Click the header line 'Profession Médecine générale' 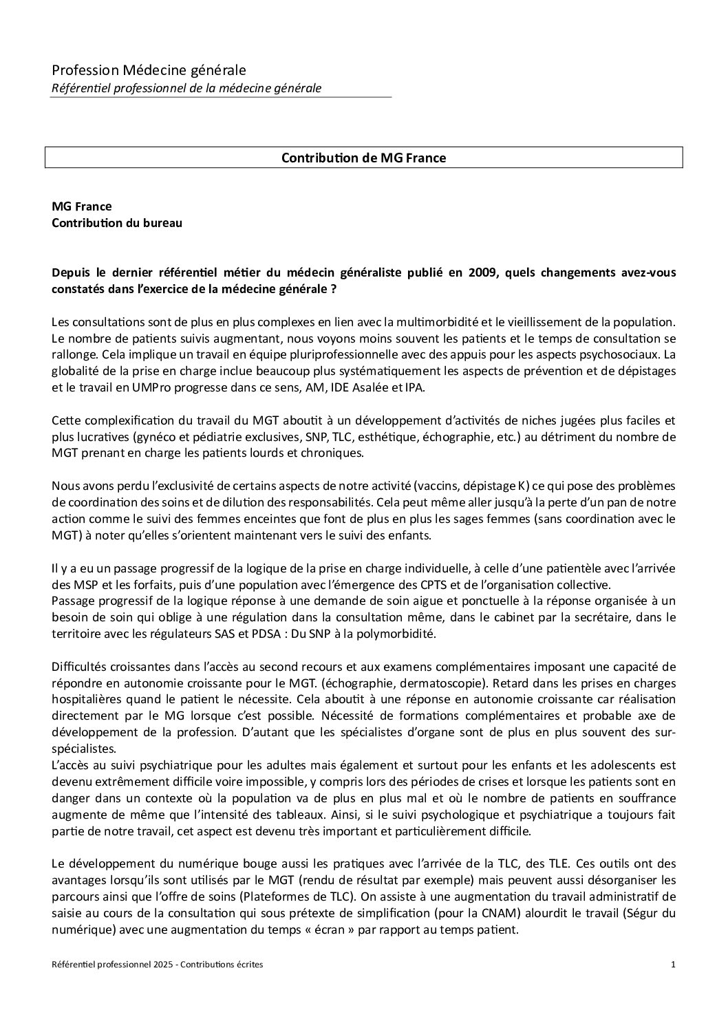(x=149, y=70)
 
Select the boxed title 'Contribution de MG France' (x=363, y=158)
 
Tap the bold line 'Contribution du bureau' (x=117, y=223)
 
